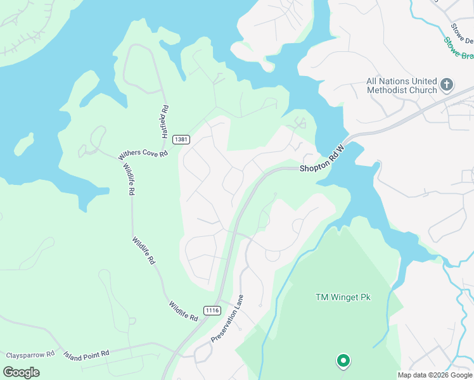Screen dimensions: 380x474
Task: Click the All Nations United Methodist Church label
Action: click(402, 85)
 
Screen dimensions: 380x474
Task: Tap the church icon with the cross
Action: click(446, 84)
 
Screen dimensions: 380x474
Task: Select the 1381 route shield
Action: click(181, 139)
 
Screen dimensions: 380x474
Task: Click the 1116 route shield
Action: click(212, 310)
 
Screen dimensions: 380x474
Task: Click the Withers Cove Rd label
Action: click(143, 154)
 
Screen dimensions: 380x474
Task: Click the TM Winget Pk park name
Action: click(343, 297)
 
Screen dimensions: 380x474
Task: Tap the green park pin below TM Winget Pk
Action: click(343, 361)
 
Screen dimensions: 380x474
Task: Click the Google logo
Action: click(21, 372)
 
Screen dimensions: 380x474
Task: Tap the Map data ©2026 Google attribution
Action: click(434, 375)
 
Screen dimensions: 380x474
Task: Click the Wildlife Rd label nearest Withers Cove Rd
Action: click(127, 179)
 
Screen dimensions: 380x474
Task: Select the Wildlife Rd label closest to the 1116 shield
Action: click(184, 312)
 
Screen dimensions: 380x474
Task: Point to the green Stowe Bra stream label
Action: click(458, 48)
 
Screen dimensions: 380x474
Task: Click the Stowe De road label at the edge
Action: click(462, 34)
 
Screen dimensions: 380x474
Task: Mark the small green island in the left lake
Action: click(23, 144)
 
